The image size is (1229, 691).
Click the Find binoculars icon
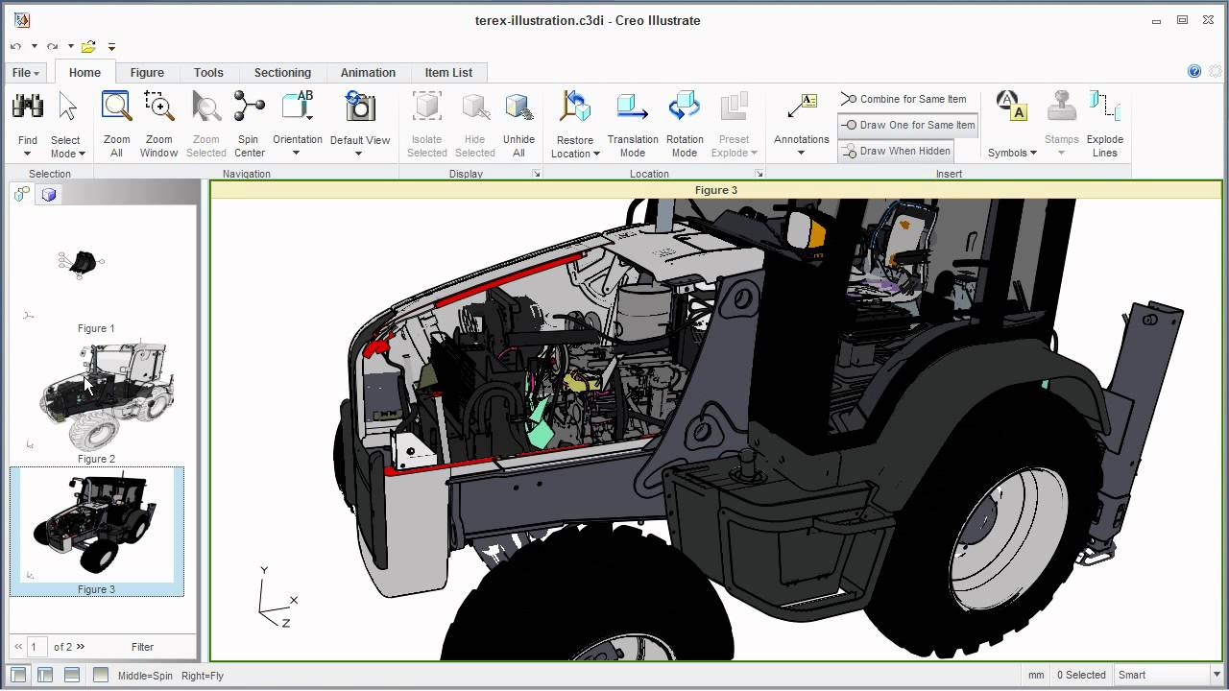point(28,107)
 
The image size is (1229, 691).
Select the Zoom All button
point(117,107)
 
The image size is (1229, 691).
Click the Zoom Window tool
point(158,107)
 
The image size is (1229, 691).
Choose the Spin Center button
point(250,107)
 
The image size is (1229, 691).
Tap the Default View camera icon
point(360,107)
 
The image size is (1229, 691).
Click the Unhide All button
point(518,107)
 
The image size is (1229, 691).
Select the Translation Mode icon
point(633,107)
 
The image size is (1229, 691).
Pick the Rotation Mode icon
point(685,107)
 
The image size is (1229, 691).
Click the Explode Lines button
point(1104,107)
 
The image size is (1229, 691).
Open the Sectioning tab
point(282,73)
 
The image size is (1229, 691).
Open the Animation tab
point(368,73)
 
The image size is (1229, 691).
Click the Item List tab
point(448,73)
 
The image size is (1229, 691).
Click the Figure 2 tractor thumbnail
point(106,395)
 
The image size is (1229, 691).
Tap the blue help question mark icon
point(1194,71)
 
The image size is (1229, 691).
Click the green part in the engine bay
point(541,426)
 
